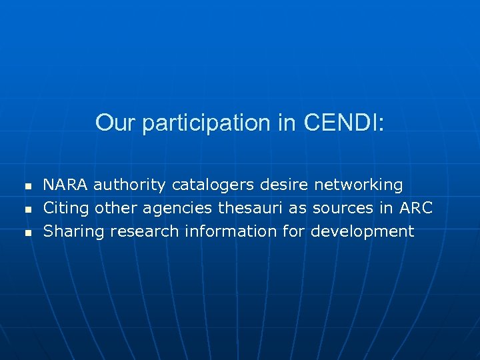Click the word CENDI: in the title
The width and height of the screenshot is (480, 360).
[344, 123]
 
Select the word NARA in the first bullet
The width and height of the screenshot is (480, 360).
[66, 184]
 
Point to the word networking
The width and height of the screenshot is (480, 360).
[359, 184]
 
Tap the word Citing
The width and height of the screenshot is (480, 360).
[66, 208]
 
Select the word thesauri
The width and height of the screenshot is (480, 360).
[251, 208]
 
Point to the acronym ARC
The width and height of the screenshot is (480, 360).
[416, 208]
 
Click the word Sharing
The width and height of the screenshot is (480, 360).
[73, 232]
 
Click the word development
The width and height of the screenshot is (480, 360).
[363, 232]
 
